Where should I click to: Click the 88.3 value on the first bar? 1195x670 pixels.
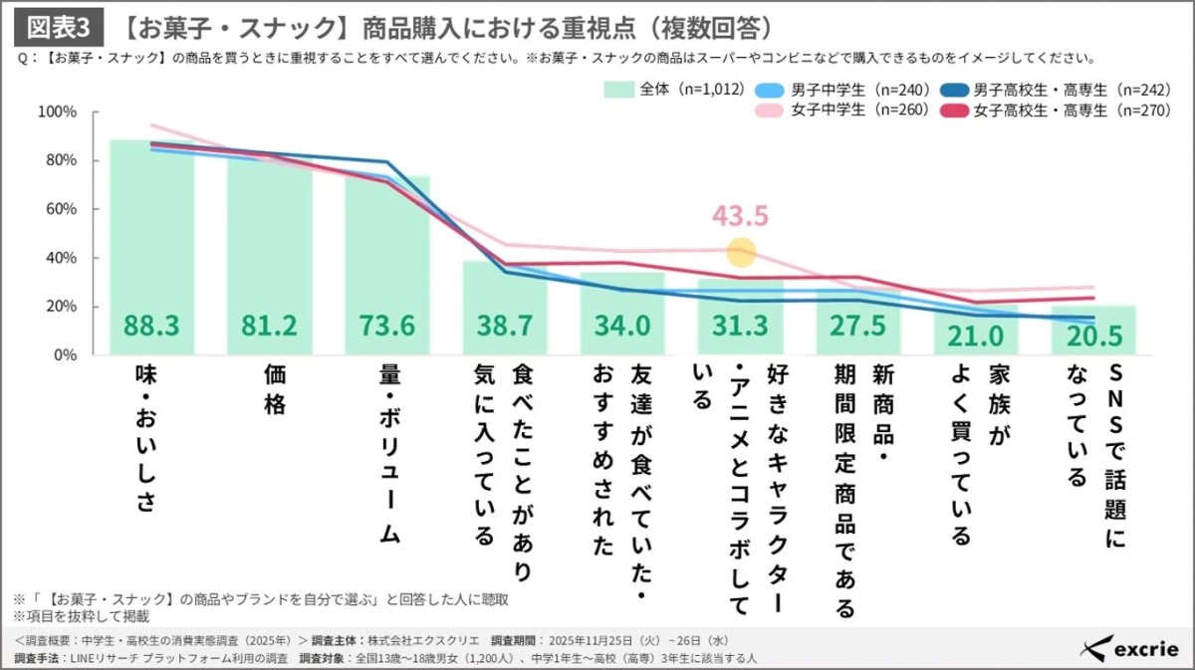[x=151, y=327]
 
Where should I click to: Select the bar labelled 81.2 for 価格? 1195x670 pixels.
[x=269, y=259]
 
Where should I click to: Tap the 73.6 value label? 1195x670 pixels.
[x=386, y=327]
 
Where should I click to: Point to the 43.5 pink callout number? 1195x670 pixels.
[x=741, y=216]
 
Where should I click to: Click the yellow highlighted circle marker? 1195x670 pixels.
[x=741, y=252]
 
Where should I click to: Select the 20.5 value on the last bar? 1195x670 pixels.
[x=1093, y=336]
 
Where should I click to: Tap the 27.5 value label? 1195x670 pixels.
[x=857, y=327]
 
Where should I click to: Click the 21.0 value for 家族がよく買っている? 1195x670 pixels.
[x=976, y=336]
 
